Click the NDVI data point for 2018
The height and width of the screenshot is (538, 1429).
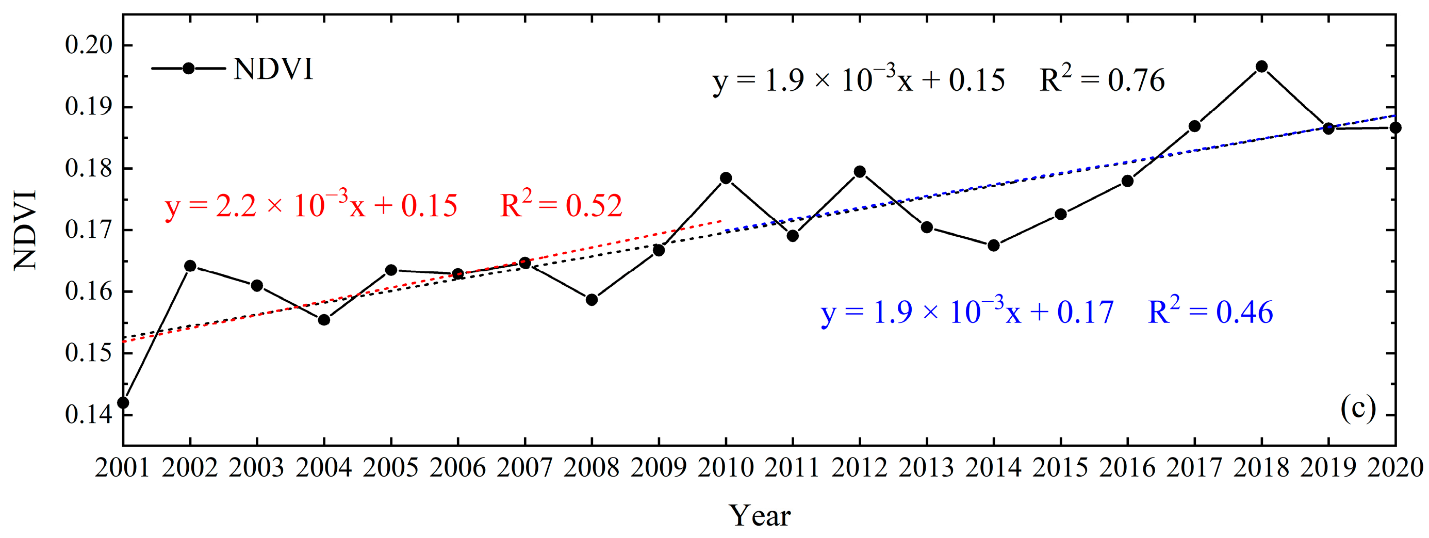coord(1261,67)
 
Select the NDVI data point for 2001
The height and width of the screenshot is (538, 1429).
coord(123,402)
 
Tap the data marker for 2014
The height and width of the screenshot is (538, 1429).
coord(994,245)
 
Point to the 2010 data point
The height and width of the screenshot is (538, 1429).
coord(726,178)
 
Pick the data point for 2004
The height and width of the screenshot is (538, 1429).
coord(324,319)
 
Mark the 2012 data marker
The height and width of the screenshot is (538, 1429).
coord(860,171)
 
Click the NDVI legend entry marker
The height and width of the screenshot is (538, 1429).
coord(188,68)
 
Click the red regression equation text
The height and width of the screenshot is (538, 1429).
coord(310,205)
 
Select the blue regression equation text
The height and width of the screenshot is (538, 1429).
coord(967,312)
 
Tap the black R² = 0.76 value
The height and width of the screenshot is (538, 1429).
coord(1102,80)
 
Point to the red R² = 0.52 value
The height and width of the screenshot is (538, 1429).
coord(561,205)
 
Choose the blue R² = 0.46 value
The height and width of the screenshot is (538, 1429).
coord(1210,312)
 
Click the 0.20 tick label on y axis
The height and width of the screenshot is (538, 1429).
coord(89,45)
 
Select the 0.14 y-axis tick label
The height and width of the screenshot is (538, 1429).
coord(89,414)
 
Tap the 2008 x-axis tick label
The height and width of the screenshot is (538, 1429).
coord(592,467)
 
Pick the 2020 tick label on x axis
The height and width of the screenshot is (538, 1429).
coord(1394,467)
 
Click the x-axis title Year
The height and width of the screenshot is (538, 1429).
coord(760,515)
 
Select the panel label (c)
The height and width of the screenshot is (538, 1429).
coord(1357,410)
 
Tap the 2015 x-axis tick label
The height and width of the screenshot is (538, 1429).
coord(1060,467)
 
